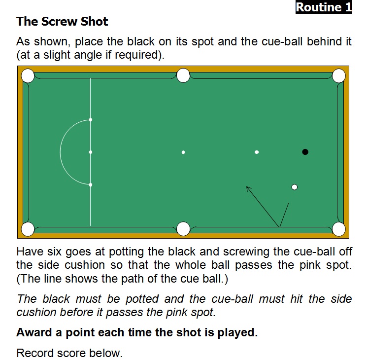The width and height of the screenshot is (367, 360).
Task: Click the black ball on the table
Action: [305, 152]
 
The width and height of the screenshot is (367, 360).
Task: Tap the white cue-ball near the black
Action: [295, 187]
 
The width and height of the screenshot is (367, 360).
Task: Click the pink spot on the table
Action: [257, 152]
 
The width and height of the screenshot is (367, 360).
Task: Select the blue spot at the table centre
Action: [183, 152]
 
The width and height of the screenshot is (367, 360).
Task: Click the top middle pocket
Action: [183, 75]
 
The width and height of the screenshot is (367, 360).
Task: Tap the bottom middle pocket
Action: [183, 229]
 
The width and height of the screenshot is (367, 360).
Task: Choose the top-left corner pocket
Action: [28, 76]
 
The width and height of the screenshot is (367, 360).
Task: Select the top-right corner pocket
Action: [339, 76]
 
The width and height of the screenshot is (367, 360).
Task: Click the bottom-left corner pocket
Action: [28, 229]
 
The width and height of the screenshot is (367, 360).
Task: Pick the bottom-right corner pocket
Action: [339, 229]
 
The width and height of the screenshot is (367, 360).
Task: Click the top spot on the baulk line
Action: [91, 120]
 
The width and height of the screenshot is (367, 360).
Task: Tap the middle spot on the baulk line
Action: [91, 152]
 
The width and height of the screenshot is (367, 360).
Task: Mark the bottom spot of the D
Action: [91, 185]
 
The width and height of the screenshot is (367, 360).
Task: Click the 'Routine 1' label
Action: [324, 7]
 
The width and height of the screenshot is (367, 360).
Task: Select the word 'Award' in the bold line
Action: [34, 332]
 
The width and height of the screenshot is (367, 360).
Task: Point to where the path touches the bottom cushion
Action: [279, 227]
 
